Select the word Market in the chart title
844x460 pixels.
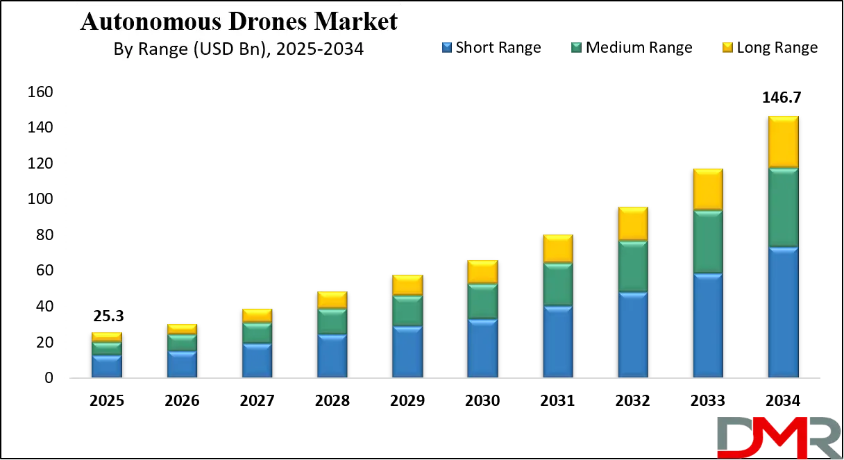[355, 22]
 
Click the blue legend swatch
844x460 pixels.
[446, 47]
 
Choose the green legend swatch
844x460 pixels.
[574, 47]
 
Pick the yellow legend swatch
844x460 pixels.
[727, 47]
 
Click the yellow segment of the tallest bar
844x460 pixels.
[783, 142]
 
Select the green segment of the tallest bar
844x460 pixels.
[783, 207]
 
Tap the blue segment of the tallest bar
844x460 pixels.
[783, 312]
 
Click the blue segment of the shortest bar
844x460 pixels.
[107, 366]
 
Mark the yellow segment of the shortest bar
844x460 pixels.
[107, 337]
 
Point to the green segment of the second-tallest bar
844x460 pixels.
[708, 241]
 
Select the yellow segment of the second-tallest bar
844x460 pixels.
[708, 189]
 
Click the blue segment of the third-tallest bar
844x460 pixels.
[633, 335]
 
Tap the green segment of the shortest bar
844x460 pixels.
[107, 348]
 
